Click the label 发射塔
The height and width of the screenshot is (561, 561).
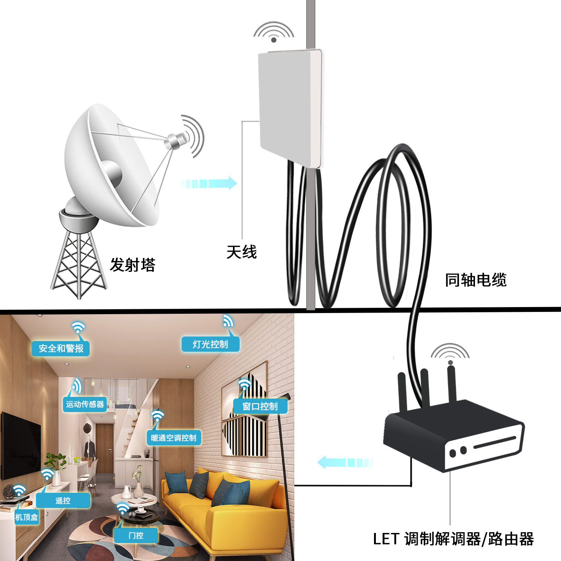coord(132,265)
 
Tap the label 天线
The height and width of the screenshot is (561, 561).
coord(242,252)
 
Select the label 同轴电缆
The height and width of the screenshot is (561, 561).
coord(475,280)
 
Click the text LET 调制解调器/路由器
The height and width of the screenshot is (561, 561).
coord(453,539)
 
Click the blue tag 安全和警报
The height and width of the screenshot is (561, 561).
coord(61,348)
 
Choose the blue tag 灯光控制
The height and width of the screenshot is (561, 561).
coord(210,344)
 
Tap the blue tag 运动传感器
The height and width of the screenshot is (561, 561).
coord(85,404)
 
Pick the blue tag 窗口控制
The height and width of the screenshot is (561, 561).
coord(260,406)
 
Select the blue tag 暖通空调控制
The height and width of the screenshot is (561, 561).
coord(174,438)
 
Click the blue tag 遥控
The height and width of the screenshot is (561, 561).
coord(63,500)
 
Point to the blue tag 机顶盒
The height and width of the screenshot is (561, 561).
coord(27,517)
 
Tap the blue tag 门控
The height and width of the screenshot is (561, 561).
coord(136,536)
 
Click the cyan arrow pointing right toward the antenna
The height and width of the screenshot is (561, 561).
coord(209,183)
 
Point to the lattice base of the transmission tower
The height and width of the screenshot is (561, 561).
coord(78,264)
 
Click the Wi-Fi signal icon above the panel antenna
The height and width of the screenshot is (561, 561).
coord(274,31)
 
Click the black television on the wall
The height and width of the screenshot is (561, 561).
coord(21,445)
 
